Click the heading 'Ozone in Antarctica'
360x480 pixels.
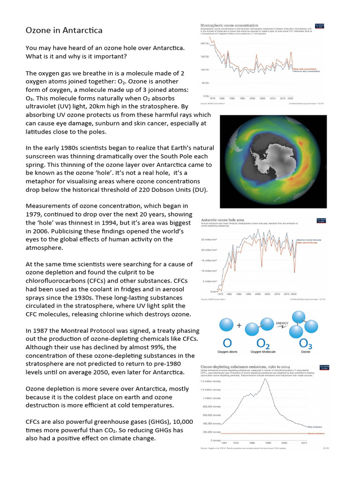coord(64,30)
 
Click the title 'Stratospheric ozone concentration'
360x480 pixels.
coord(229,25)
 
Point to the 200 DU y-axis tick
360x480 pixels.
coord(204,44)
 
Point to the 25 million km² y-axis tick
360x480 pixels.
coord(208,240)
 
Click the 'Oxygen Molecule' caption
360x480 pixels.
coord(263,351)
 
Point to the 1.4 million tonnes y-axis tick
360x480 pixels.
coord(212,380)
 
